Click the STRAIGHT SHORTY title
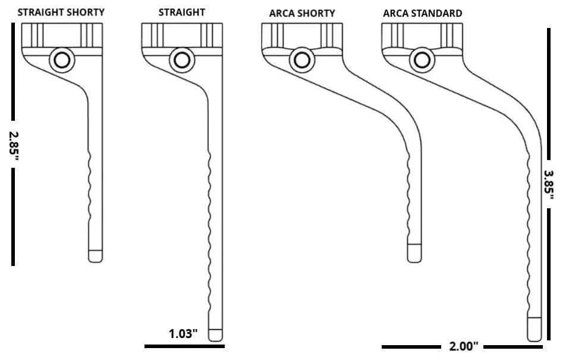(x=61, y=11)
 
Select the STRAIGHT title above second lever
(x=181, y=12)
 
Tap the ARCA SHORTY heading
(x=302, y=13)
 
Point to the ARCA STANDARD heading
(x=422, y=13)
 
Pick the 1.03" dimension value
(x=183, y=334)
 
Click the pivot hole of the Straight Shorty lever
(x=61, y=60)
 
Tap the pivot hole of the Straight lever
(x=181, y=60)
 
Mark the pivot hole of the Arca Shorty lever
(x=302, y=60)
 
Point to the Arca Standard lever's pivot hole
(x=422, y=60)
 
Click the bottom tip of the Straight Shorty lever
(x=96, y=256)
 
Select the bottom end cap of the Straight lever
(x=216, y=335)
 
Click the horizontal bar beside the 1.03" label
(x=184, y=346)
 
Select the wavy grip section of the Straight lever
(x=211, y=238)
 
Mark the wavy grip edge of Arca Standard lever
(x=529, y=238)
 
